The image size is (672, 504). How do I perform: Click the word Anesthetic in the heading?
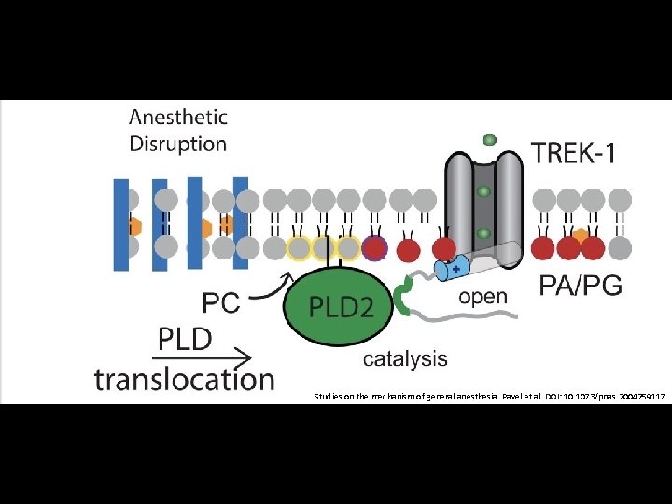click(x=178, y=118)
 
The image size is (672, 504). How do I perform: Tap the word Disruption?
click(x=178, y=144)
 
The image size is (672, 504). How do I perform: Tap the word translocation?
click(x=185, y=380)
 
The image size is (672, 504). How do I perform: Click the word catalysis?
click(x=405, y=357)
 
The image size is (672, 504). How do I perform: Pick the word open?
click(x=482, y=298)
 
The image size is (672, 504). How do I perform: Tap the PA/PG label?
click(x=581, y=286)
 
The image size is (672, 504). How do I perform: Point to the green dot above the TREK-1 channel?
click(x=488, y=140)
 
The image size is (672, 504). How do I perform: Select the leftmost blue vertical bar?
click(x=121, y=224)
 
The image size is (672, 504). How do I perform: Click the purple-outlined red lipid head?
click(x=374, y=248)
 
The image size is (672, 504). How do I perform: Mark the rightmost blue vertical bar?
click(x=240, y=222)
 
